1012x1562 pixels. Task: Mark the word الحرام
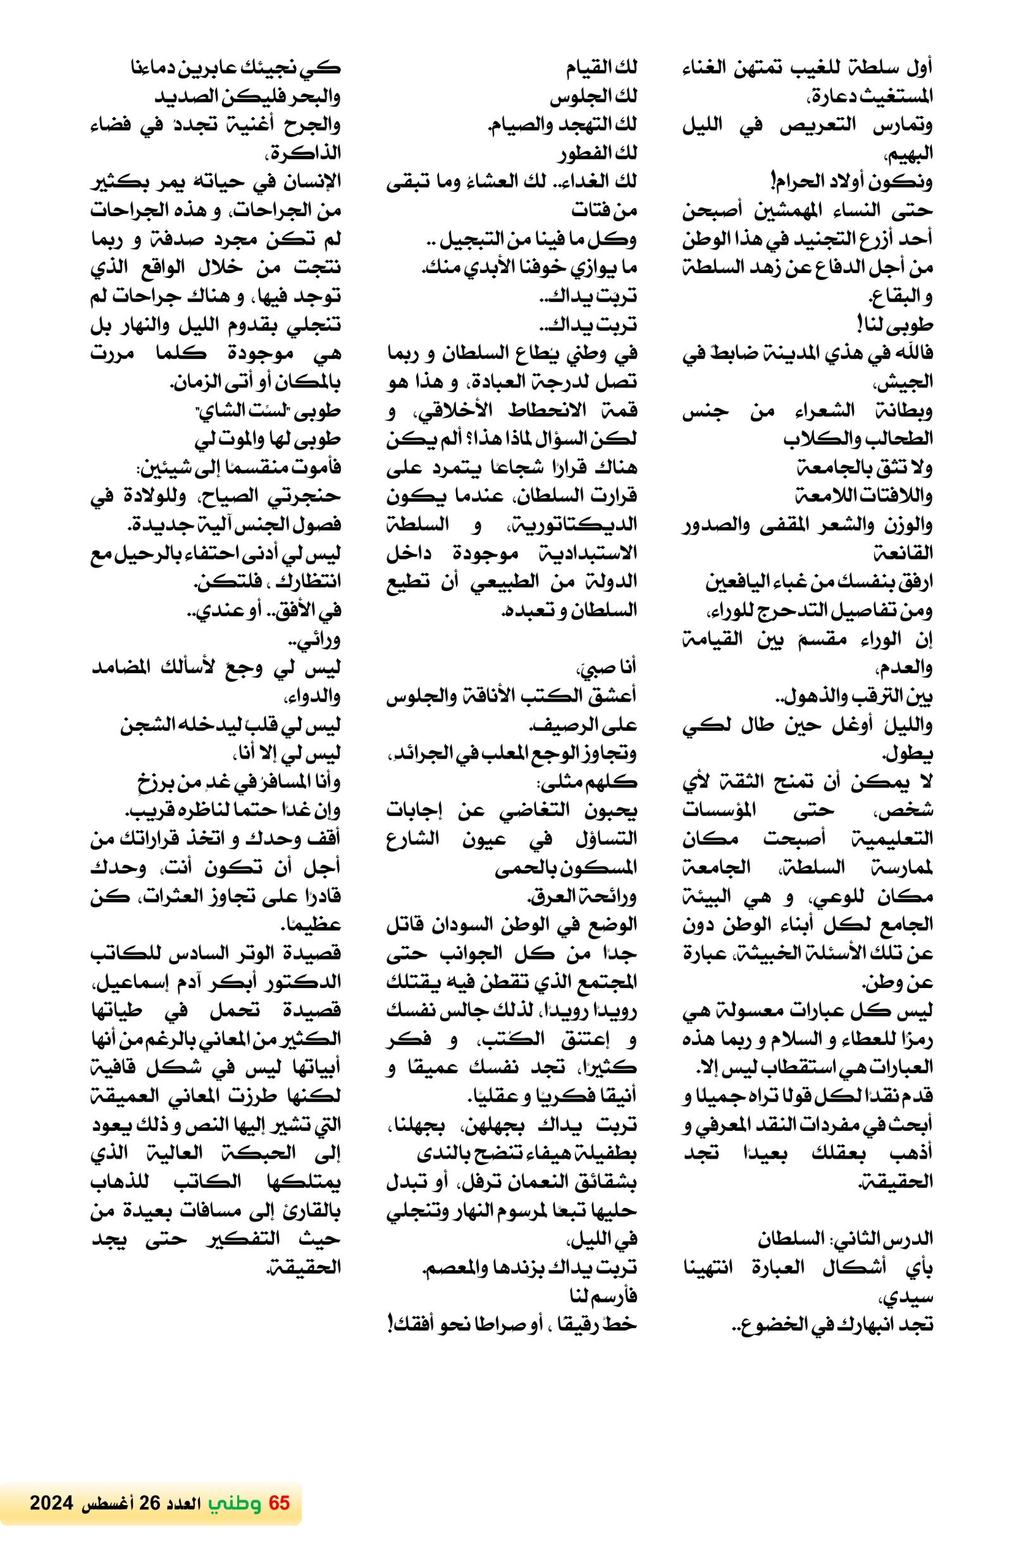[x=805, y=182]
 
